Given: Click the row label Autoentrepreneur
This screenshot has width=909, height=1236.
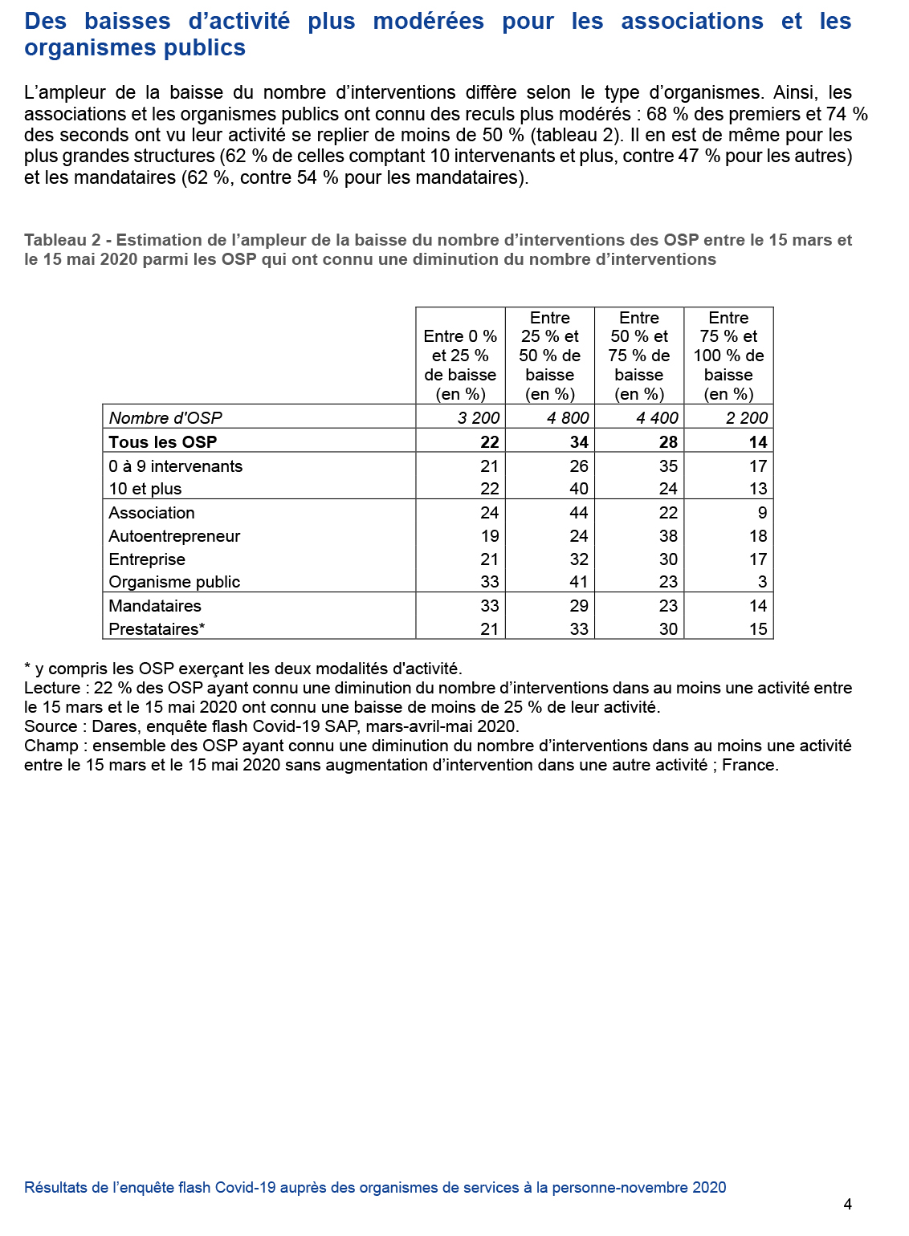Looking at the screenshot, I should (174, 536).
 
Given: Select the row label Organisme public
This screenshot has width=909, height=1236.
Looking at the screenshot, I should (174, 582).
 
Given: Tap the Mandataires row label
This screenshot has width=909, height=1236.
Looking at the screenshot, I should (155, 606).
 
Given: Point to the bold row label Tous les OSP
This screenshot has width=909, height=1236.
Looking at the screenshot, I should (163, 442).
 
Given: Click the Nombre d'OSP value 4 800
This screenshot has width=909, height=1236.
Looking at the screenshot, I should (568, 418).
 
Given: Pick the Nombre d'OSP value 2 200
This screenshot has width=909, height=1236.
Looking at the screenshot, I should (746, 418).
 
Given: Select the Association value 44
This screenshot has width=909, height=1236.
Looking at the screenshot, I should (578, 513).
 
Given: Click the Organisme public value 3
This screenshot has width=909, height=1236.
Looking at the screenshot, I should (761, 582).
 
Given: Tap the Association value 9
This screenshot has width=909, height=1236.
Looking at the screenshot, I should (761, 513).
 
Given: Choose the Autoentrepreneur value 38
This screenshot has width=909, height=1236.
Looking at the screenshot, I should (667, 536).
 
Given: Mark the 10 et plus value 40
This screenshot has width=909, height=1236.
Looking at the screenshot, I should (578, 489).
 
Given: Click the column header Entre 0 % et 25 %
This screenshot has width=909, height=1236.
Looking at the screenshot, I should (460, 356).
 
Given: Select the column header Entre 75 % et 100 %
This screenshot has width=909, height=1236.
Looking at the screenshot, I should (728, 356).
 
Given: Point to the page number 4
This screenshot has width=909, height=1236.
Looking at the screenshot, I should (847, 1204).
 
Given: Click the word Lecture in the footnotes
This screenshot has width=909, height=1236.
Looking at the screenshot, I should (52, 688).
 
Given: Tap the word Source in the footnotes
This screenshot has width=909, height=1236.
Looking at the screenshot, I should (50, 726).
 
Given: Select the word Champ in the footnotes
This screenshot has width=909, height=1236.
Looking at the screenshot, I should (51, 746).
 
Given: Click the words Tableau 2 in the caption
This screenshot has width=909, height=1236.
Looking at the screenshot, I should (63, 240).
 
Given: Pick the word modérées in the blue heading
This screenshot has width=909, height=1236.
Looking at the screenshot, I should (428, 21).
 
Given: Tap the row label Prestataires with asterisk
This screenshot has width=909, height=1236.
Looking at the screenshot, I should (157, 629).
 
